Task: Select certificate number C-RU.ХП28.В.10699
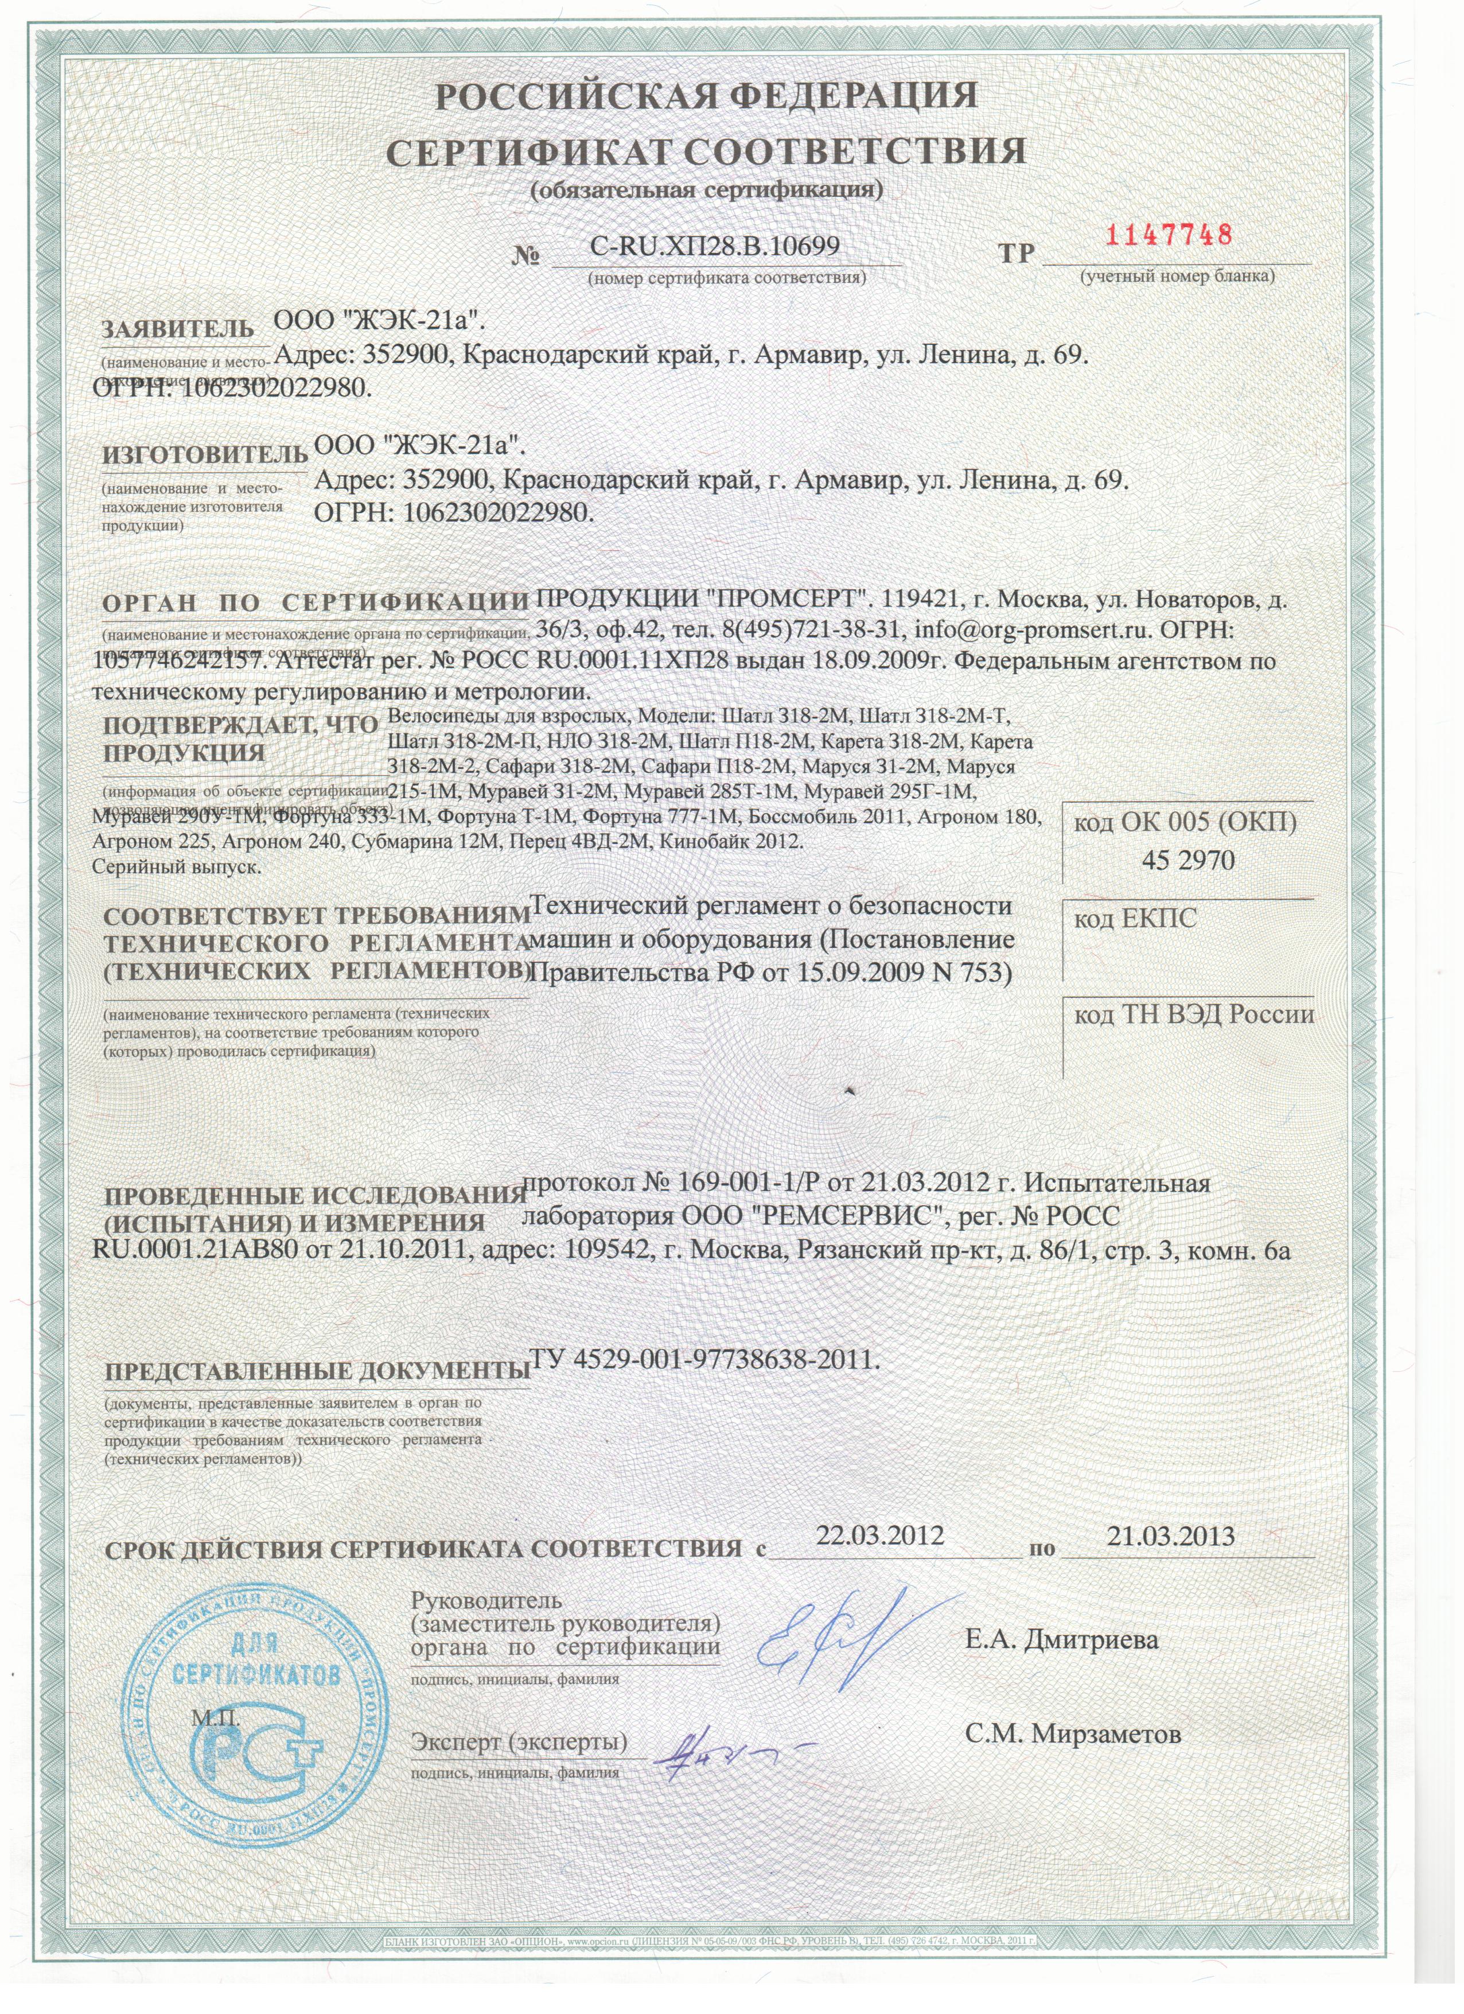click(715, 246)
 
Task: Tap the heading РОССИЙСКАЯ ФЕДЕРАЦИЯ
click(707, 96)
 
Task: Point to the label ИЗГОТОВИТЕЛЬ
click(205, 456)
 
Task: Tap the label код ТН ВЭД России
click(1193, 1015)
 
